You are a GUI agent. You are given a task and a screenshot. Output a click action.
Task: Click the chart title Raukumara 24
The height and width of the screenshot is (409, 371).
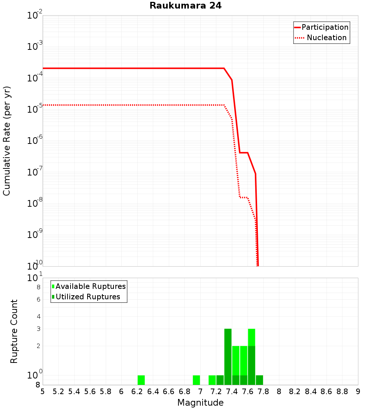coord(185,6)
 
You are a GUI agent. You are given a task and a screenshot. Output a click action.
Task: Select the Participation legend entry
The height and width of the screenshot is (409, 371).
coord(325,27)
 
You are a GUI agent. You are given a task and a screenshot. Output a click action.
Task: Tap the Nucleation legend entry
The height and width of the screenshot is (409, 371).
coord(326,38)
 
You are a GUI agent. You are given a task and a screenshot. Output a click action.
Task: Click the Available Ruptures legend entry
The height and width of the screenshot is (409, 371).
coord(91,286)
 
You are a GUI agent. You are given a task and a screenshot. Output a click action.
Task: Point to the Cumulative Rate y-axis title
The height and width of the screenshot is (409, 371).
coord(7,141)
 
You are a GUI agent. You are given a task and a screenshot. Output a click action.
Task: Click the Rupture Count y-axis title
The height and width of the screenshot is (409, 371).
coord(14,331)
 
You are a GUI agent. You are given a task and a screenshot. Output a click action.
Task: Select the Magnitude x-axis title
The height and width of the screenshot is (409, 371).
coord(200,403)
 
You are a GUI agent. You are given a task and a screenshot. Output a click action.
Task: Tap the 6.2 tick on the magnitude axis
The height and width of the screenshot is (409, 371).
coord(137,392)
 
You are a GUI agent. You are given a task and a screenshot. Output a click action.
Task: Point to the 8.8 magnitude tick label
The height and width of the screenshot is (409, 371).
coord(342,392)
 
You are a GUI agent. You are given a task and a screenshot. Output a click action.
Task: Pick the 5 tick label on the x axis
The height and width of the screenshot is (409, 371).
coord(43,392)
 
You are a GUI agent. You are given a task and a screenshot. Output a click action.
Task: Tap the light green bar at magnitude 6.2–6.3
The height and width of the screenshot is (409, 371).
coord(141,380)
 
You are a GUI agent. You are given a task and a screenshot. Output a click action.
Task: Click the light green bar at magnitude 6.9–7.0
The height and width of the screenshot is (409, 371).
coord(196,380)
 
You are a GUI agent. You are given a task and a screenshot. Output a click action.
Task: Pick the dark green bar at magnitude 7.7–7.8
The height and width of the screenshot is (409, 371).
coord(259,380)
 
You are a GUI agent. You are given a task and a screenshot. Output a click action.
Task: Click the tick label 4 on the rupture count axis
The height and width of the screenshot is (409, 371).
coord(38,317)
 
